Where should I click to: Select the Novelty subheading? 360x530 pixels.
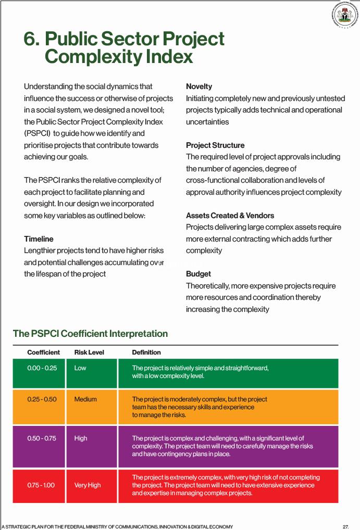coord(199,86)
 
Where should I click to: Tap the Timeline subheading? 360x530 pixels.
coord(39,239)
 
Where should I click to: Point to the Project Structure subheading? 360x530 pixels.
coord(215,145)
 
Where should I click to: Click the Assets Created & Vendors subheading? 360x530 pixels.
coord(230,216)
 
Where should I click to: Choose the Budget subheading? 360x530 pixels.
coord(198,274)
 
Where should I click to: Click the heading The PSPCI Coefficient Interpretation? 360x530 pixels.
coord(90,334)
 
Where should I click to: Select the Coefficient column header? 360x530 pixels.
coord(43,352)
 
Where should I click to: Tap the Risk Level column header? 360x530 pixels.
coord(89,352)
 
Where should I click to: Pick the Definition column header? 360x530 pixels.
coord(146,352)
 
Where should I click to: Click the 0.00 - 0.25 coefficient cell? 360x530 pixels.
coord(42,368)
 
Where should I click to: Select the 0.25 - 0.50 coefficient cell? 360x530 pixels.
coord(42,399)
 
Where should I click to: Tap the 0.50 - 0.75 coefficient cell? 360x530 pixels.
coord(42,438)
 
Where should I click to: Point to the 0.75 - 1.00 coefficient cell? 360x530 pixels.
coord(41,485)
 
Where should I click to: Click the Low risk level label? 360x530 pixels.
coord(80,368)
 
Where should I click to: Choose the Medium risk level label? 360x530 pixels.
coord(85,399)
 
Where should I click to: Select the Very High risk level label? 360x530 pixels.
coord(88,485)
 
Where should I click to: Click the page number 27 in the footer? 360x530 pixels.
coord(346,526)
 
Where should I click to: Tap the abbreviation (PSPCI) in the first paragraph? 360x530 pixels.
coord(36,133)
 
